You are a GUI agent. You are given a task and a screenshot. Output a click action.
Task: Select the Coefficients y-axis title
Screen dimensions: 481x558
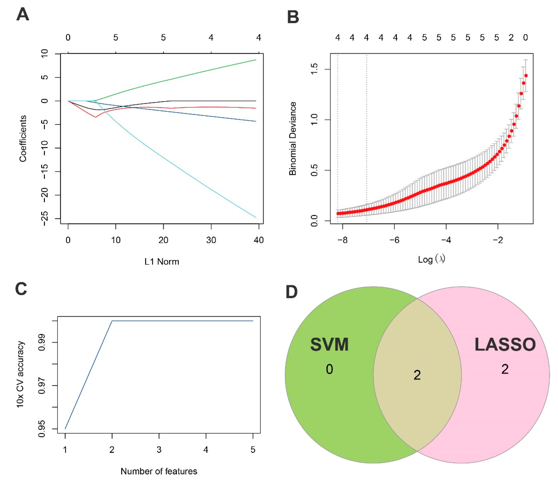[x=23, y=138]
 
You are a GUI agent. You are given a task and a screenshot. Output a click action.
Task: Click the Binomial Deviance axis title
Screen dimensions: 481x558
[x=293, y=138]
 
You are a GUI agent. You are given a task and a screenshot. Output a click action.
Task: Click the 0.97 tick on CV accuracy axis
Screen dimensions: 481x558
[x=42, y=385]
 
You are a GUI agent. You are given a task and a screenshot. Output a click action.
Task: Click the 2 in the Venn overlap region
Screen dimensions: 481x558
[x=417, y=375]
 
